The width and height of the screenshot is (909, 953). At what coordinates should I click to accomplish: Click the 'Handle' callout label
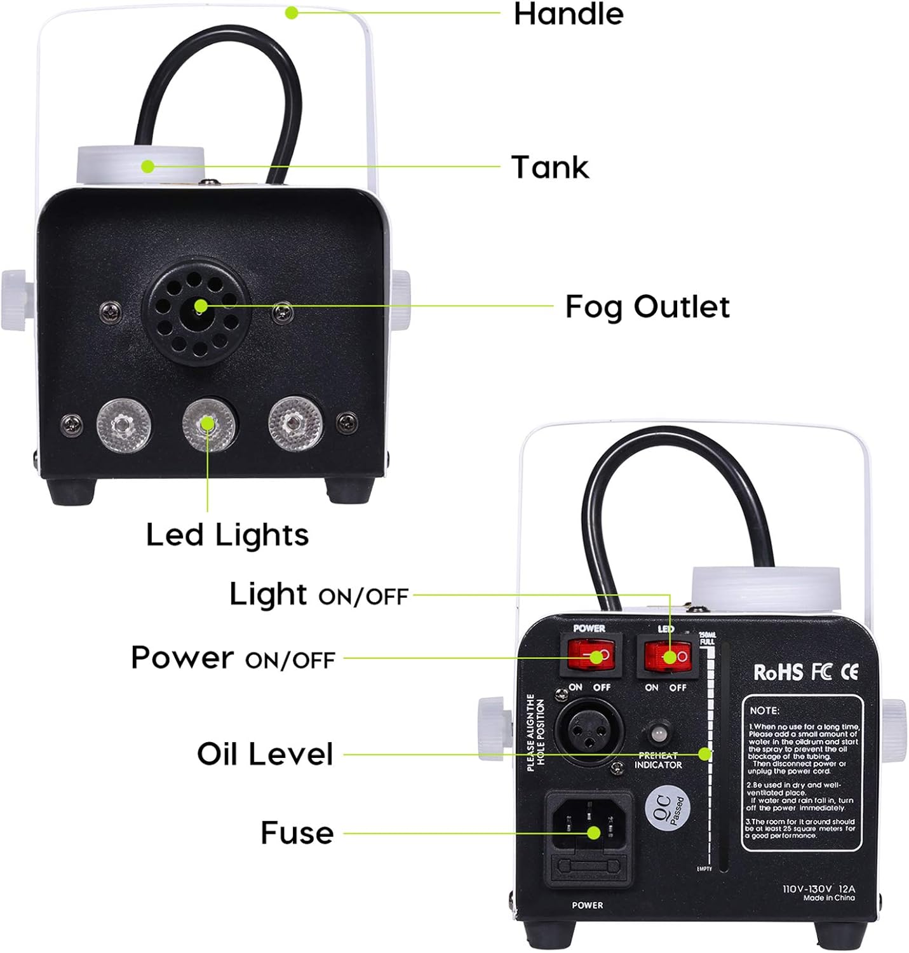click(x=568, y=14)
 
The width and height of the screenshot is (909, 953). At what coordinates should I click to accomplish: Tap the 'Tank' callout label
click(x=549, y=167)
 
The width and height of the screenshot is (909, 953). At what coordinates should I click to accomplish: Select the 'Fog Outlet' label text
click(x=647, y=306)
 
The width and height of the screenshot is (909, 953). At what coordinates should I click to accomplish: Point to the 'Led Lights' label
click(x=227, y=534)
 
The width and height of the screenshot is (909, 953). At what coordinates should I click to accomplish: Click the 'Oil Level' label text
click(x=264, y=754)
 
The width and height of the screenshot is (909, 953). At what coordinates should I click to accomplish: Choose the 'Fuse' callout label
click(x=297, y=832)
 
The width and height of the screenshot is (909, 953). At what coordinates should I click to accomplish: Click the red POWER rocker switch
click(x=591, y=656)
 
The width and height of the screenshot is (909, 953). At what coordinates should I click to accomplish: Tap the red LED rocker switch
click(x=668, y=656)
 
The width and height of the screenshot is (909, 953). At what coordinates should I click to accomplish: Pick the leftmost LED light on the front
click(x=123, y=424)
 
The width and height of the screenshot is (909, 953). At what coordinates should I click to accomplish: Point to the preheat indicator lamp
click(x=659, y=734)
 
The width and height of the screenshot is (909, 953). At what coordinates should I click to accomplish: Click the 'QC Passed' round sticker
click(x=667, y=809)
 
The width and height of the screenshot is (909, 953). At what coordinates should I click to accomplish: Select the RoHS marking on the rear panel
click(x=778, y=672)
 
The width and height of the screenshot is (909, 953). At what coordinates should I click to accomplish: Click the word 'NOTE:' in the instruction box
click(x=764, y=710)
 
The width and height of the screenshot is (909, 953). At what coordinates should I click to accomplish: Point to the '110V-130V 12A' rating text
click(x=818, y=889)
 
